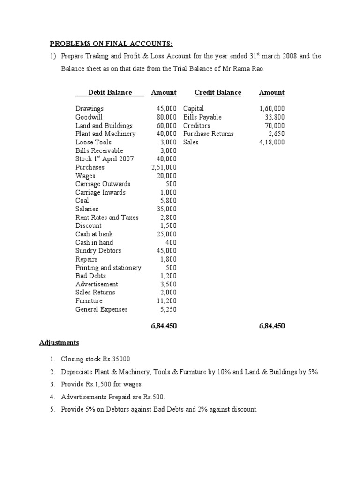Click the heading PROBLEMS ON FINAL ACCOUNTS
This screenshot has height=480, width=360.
tap(112, 44)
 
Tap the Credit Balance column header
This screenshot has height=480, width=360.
tap(217, 93)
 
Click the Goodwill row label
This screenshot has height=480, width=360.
tap(89, 117)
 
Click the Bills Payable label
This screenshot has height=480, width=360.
tap(202, 117)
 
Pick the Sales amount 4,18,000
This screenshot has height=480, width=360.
tap(271, 142)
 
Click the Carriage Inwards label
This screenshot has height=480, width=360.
tap(100, 192)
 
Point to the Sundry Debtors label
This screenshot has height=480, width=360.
tap(98, 251)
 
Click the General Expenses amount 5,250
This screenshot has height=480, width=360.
tap(167, 309)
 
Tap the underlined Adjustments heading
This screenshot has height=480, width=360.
tap(59, 342)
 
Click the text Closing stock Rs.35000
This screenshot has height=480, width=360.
tap(97, 359)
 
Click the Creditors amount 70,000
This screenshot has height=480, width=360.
tap(275, 126)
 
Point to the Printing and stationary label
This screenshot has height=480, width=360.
tap(108, 268)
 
